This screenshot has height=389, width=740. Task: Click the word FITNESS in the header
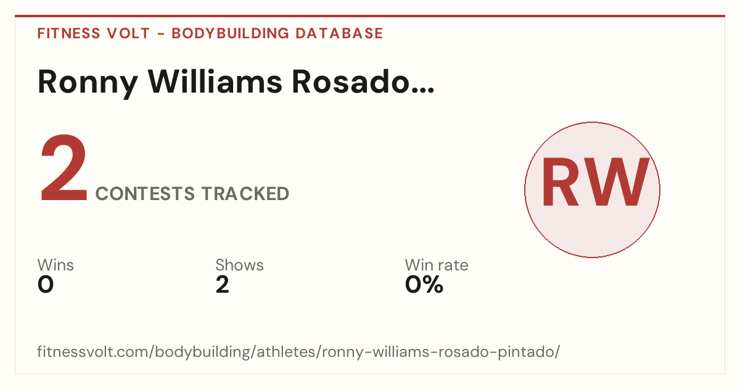pyautogui.click(x=68, y=33)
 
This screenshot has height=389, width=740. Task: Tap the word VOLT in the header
pyautogui.click(x=128, y=33)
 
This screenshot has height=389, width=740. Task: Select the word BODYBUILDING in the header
pyautogui.click(x=230, y=33)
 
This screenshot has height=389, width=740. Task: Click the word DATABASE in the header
pyautogui.click(x=339, y=33)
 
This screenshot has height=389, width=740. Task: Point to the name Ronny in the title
pyautogui.click(x=88, y=83)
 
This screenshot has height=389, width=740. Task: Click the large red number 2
pyautogui.click(x=64, y=167)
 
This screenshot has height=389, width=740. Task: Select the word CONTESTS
pyautogui.click(x=145, y=193)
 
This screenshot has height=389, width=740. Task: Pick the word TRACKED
pyautogui.click(x=245, y=193)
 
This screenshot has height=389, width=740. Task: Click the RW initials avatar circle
pyautogui.click(x=593, y=190)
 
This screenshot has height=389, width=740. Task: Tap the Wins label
pyautogui.click(x=55, y=265)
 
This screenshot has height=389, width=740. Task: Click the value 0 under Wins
pyautogui.click(x=46, y=285)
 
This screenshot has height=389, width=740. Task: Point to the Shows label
pyautogui.click(x=239, y=265)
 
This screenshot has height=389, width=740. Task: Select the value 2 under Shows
pyautogui.click(x=223, y=285)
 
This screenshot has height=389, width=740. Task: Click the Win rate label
pyautogui.click(x=437, y=265)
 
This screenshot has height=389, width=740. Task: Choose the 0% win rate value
pyautogui.click(x=424, y=285)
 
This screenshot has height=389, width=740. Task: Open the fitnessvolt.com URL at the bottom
pyautogui.click(x=298, y=351)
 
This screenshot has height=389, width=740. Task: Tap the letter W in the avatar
pyautogui.click(x=614, y=182)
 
